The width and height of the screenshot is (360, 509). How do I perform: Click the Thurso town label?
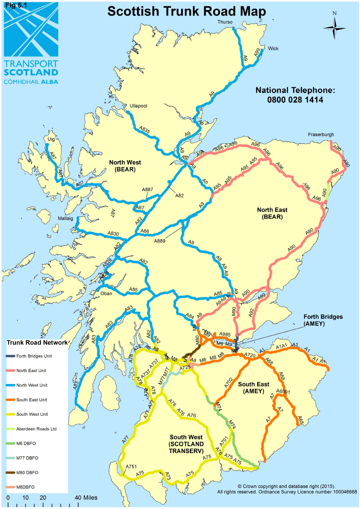[225, 22]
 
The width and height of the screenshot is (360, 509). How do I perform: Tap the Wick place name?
[273, 48]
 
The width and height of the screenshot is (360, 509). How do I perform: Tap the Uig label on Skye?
[51, 139]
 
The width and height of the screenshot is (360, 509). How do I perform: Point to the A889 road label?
[160, 241]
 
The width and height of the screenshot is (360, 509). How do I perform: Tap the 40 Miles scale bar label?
[85, 498]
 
